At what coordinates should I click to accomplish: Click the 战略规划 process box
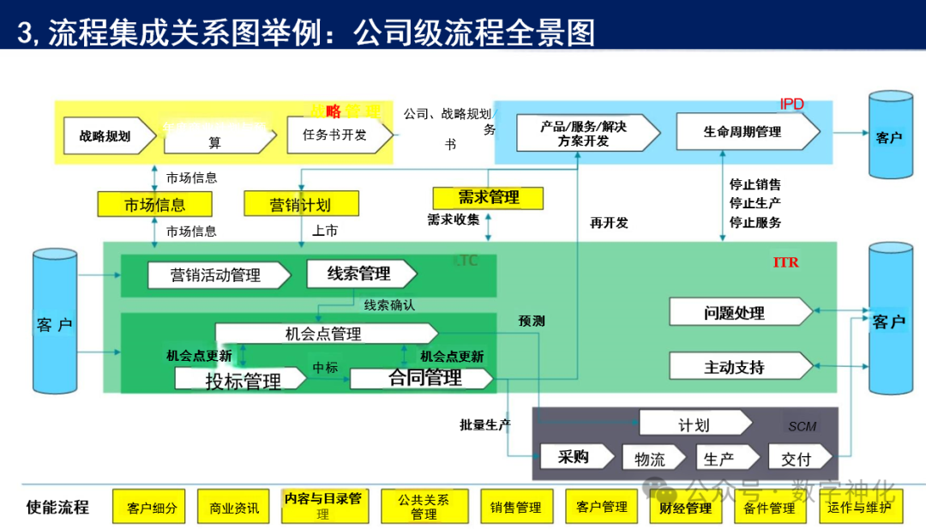tap(105, 135)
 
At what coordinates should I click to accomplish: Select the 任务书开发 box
tap(335, 135)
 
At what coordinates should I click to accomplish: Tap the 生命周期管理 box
tap(743, 132)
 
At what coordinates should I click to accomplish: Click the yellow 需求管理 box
tap(488, 197)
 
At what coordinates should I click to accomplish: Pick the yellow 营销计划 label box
tap(300, 204)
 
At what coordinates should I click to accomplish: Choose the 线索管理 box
tap(359, 274)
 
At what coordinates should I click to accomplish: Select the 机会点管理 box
tap(323, 334)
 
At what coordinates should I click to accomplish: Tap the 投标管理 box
tap(242, 380)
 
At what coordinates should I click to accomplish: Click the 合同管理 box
tap(424, 378)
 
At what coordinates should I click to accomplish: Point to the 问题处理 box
tap(735, 313)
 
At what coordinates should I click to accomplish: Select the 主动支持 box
tap(735, 367)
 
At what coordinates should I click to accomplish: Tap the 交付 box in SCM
tap(796, 459)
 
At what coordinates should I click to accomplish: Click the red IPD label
tap(791, 105)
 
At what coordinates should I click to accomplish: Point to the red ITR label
tap(785, 262)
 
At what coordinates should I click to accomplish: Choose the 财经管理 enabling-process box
tap(686, 508)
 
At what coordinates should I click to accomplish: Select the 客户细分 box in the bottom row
tap(151, 508)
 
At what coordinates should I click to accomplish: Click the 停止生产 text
tap(755, 203)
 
